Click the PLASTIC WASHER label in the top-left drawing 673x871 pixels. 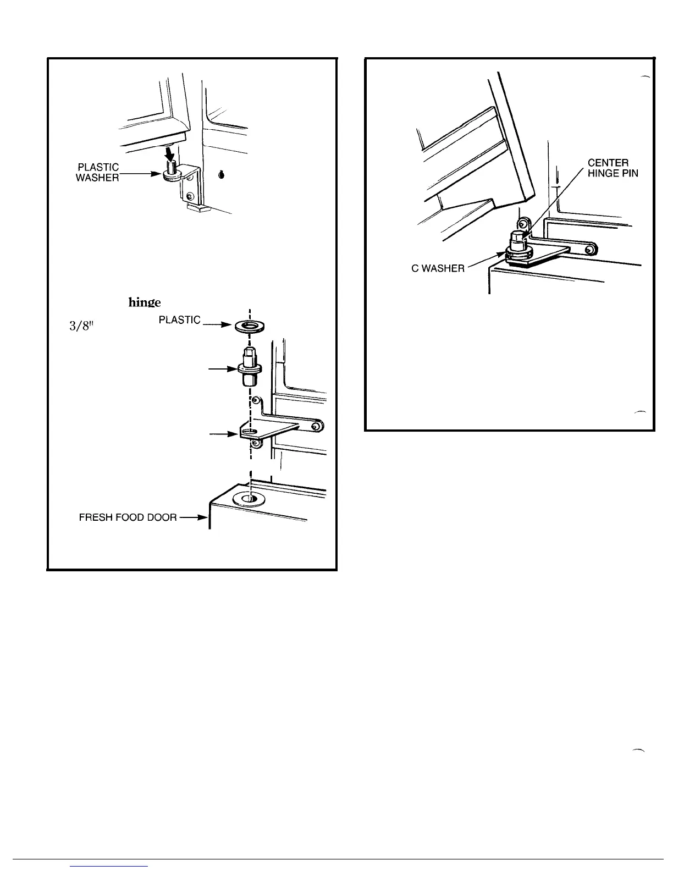[x=97, y=173]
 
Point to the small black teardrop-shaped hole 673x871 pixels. [x=221, y=174]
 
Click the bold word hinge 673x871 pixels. [x=145, y=302]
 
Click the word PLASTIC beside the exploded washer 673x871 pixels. [x=179, y=320]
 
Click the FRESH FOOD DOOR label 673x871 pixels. [x=128, y=517]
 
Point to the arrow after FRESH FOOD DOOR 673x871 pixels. [x=194, y=517]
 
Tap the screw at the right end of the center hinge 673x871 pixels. [x=589, y=250]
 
